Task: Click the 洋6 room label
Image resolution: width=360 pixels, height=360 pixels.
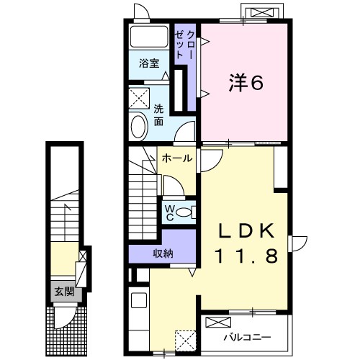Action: click(x=246, y=83)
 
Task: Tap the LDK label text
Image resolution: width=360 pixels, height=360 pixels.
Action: click(x=246, y=231)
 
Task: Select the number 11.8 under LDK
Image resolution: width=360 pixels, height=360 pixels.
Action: click(x=247, y=256)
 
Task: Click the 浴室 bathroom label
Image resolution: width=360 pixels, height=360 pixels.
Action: click(x=149, y=63)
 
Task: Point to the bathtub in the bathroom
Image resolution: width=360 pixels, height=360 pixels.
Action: click(x=149, y=37)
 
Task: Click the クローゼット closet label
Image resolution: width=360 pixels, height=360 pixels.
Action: click(x=185, y=45)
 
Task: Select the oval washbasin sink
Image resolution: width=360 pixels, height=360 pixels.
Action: click(x=138, y=127)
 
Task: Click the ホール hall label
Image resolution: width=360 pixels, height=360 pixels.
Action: click(x=177, y=158)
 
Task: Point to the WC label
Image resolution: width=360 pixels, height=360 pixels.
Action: click(x=170, y=212)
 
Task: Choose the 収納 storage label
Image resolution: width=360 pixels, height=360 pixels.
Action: click(x=163, y=253)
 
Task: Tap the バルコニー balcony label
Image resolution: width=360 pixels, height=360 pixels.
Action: click(x=248, y=337)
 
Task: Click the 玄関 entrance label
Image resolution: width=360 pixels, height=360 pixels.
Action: click(x=64, y=292)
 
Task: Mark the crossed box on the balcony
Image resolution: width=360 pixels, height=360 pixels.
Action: click(x=218, y=322)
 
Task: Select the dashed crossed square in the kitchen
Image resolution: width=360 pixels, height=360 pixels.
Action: click(x=185, y=341)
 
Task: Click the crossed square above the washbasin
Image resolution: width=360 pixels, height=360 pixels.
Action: click(x=139, y=98)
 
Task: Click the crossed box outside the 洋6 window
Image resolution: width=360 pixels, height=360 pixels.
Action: click(x=262, y=12)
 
